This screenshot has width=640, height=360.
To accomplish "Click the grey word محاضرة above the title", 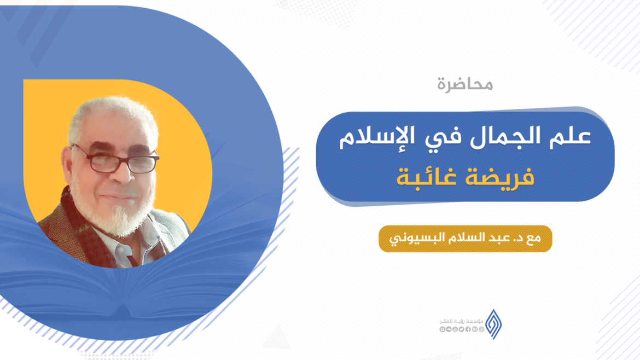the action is pyautogui.click(x=465, y=84).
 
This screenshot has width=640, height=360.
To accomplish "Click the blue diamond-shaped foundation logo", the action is pyautogui.click(x=493, y=324).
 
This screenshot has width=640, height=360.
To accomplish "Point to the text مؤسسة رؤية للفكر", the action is pyautogui.click(x=461, y=321).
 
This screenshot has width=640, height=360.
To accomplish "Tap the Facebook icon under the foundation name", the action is pyautogui.click(x=468, y=329).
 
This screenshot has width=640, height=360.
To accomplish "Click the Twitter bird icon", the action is pyautogui.click(x=462, y=329).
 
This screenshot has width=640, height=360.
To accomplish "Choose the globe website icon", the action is pyautogui.click(x=481, y=329).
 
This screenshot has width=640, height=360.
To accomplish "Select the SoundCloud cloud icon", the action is pyautogui.click(x=449, y=329).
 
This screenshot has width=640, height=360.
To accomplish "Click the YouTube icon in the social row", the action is pyautogui.click(x=455, y=329).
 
